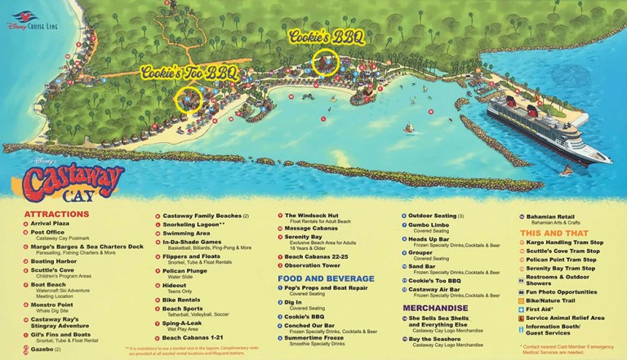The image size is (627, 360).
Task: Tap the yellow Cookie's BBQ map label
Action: coord(326,36)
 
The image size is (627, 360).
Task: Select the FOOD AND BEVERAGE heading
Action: coord(324,278)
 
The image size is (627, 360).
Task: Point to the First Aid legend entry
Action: coord(542,309)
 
